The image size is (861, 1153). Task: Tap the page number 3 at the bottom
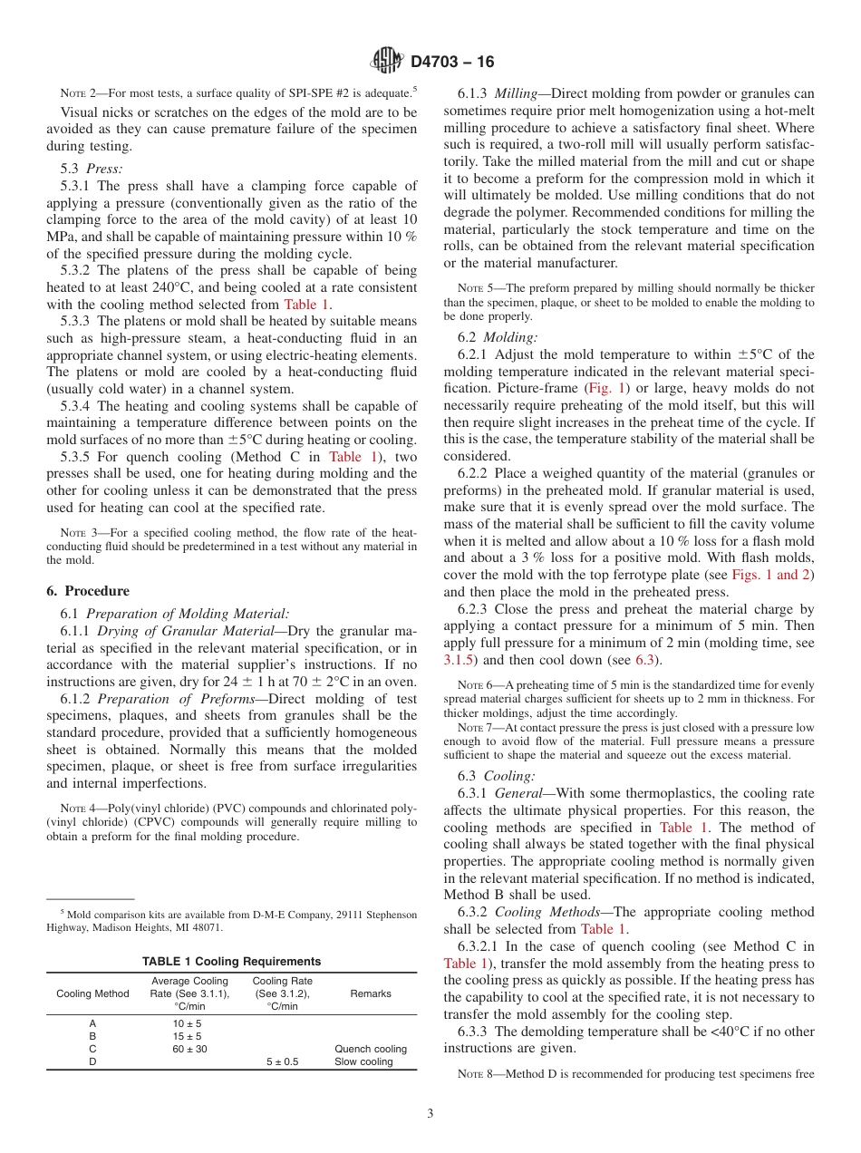pos(430,1114)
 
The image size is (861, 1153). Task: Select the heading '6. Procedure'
pos(88,591)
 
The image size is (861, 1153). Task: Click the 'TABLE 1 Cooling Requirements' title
pos(231,961)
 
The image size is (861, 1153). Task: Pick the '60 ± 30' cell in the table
pos(189,1049)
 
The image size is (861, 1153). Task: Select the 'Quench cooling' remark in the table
pos(371,1049)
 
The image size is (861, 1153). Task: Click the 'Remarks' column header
pos(371,993)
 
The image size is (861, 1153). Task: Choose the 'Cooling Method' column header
pos(92,993)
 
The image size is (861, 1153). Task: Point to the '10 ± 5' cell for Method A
pos(189,1023)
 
